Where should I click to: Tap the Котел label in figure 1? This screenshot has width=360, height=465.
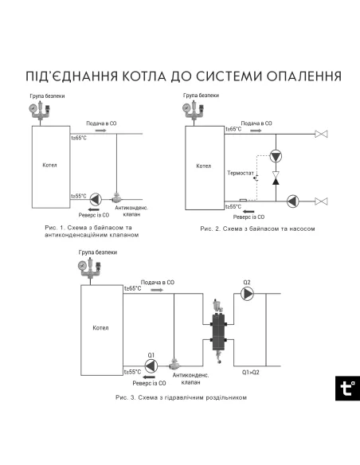pyautogui.click(x=49, y=165)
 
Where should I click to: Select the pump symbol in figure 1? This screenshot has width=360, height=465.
pyautogui.click(x=96, y=198)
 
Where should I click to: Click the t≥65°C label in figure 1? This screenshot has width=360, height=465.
pyautogui.click(x=80, y=137)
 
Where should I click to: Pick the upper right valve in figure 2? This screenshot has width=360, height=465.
pyautogui.click(x=322, y=134)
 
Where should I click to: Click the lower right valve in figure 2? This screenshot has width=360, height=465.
pyautogui.click(x=322, y=201)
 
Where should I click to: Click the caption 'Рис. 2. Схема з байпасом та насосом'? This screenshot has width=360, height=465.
pyautogui.click(x=253, y=228)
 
